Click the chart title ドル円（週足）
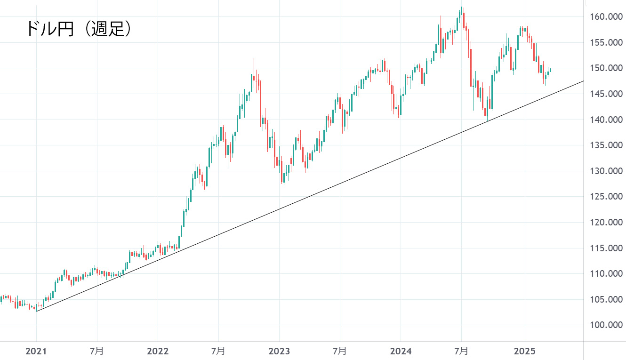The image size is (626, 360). pos(78,29)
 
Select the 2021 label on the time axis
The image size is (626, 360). pos(36,351)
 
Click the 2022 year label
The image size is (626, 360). pos(158,351)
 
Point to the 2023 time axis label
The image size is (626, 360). pos(279,351)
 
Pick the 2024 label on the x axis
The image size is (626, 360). pos(401,351)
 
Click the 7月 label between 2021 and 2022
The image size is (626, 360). pos(97,351)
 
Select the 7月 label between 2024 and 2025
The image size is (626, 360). pos(462,351)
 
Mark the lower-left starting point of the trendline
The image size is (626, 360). pos(36,311)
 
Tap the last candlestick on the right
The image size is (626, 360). pos(550,70)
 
